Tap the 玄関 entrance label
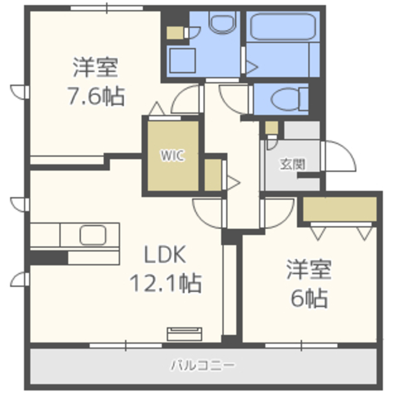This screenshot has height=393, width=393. point(292,164)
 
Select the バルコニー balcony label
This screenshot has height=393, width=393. point(203,367)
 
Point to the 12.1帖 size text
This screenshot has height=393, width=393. point(165,283)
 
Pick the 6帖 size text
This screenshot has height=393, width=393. point(308,299)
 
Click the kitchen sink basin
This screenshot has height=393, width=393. point(93,235)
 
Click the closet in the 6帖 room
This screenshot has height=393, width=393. point(340,209)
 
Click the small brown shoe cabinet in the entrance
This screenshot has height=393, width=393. point(271,129)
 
